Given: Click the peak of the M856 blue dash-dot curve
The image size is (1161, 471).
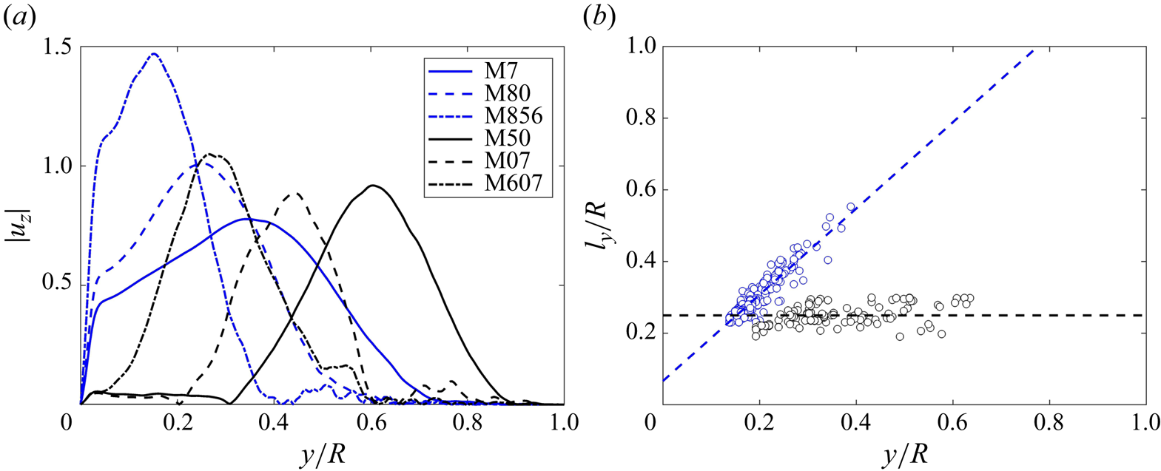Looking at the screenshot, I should coord(154,53).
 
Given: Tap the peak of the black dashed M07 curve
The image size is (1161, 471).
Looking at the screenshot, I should coord(295,193).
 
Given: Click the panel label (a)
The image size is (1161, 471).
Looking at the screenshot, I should coord(18,18).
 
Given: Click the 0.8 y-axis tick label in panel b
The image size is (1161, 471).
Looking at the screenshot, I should coord(641,118).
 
